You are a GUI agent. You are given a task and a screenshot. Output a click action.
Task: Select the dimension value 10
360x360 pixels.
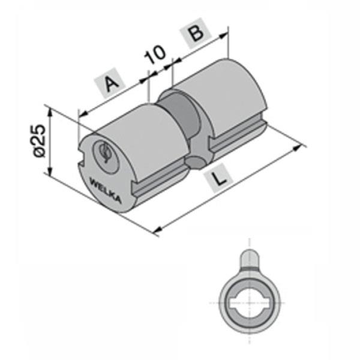pos(155,55)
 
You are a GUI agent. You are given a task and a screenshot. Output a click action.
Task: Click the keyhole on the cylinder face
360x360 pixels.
pos(104,152)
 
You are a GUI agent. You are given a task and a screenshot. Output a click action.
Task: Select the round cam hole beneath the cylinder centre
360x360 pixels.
pos(195,161)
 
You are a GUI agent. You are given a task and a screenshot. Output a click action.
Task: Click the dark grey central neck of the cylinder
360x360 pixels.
pos(179,117)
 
